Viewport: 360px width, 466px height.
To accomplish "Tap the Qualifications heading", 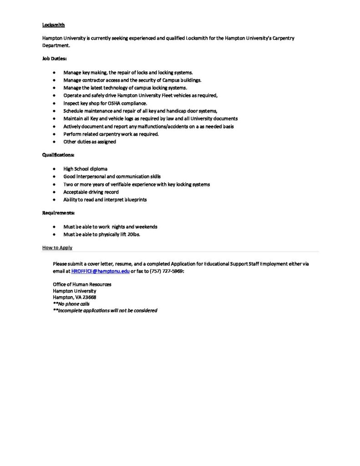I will point(58,155).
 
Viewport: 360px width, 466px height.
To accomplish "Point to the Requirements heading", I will point(58,213).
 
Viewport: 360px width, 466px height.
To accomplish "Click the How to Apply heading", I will point(57,248).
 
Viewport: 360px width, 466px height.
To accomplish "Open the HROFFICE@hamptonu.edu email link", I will point(101,271).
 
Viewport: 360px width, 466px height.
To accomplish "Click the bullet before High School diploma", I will point(55,169).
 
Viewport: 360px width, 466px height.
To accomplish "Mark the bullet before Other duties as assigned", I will point(55,142).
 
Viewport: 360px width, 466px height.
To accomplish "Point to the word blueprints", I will point(134,200).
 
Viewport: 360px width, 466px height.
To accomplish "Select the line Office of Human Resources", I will point(82,284).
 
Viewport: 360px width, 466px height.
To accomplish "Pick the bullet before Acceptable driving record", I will point(55,192).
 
